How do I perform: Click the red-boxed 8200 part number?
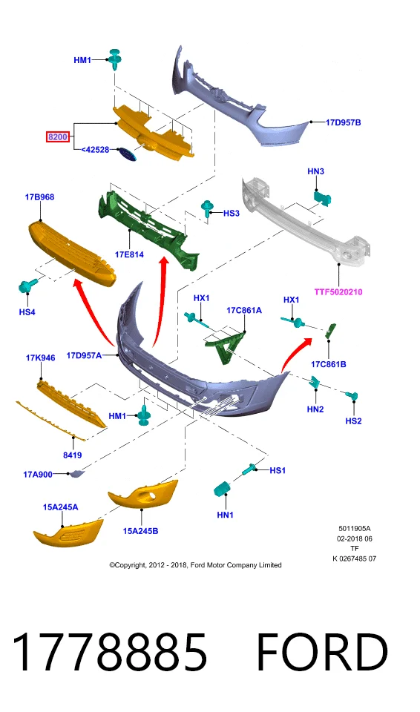[58, 136]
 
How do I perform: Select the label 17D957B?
[343, 122]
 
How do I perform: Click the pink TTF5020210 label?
[338, 292]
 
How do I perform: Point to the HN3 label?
[315, 171]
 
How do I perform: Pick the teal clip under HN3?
[322, 198]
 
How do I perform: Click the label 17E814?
[129, 254]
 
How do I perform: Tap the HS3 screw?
[208, 209]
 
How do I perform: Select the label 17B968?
[39, 197]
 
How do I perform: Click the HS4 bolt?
[27, 286]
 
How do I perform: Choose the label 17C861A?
[244, 310]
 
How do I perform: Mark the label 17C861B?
[328, 363]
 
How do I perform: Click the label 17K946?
[41, 357]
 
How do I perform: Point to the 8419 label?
[73, 455]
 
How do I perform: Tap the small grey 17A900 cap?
[75, 474]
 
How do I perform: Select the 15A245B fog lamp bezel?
[143, 494]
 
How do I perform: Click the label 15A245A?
[60, 507]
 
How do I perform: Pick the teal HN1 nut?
[222, 489]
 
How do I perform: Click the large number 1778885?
[109, 653]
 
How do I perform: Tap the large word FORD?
[322, 653]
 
